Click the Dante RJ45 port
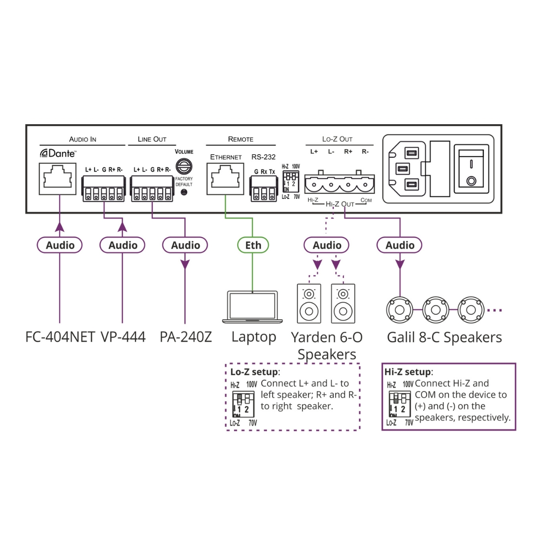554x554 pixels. [x=58, y=179]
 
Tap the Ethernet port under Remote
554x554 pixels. [x=225, y=179]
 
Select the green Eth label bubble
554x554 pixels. [x=253, y=245]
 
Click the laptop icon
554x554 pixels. [x=253, y=307]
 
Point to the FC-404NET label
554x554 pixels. [x=60, y=337]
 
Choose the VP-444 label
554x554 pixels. [x=123, y=337]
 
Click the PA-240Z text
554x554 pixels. [x=186, y=337]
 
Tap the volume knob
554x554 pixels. [x=184, y=166]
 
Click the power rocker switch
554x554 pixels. [x=471, y=169]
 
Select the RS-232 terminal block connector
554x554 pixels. [x=264, y=189]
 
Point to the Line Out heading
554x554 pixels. [x=152, y=139]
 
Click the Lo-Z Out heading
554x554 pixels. [x=337, y=139]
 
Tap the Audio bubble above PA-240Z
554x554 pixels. [x=185, y=245]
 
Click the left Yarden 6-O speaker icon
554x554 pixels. [x=309, y=303]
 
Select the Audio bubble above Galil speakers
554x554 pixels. [x=400, y=245]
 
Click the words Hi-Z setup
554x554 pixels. [x=408, y=372]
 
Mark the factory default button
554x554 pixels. [x=184, y=192]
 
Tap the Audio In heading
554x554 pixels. [x=83, y=139]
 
